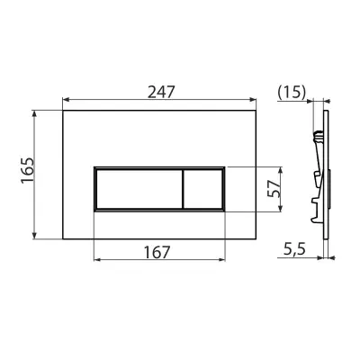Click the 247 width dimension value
click(x=161, y=92)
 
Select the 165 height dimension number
click(x=28, y=170)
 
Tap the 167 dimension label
click(x=157, y=252)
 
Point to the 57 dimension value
click(x=274, y=188)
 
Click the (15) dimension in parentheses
click(x=292, y=92)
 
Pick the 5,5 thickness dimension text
click(x=294, y=249)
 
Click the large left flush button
click(x=139, y=189)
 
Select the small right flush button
click(x=202, y=189)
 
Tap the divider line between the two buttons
click(x=183, y=189)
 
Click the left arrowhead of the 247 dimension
click(x=66, y=100)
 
